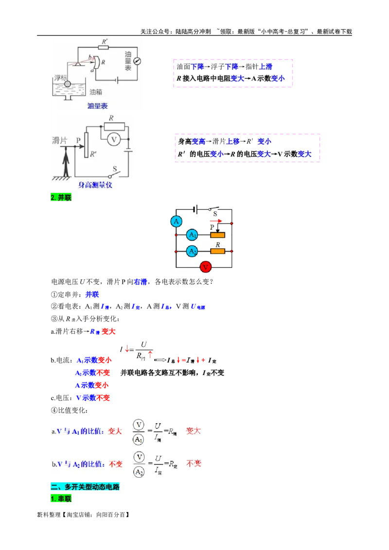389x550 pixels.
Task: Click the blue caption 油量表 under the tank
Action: pyautogui.click(x=97, y=106)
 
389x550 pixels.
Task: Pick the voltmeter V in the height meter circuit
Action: pyautogui.click(x=114, y=139)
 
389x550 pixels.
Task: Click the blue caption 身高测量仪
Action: pyautogui.click(x=95, y=185)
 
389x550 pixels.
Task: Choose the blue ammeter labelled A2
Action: pyautogui.click(x=193, y=251)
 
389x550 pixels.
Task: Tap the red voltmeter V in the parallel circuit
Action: pyautogui.click(x=206, y=267)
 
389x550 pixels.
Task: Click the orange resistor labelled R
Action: pyautogui.click(x=217, y=251)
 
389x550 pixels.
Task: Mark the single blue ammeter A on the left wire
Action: pyautogui.click(x=176, y=222)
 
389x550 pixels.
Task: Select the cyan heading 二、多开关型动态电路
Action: pyautogui.click(x=85, y=487)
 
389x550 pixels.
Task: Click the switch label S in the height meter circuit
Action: pyautogui.click(x=115, y=169)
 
